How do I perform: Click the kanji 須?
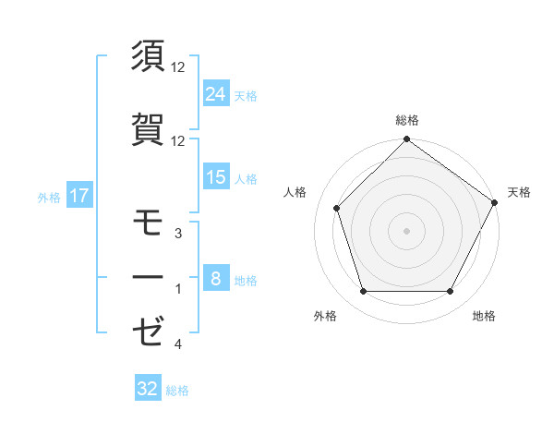pos(149,56)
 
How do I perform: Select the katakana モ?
pos(149,223)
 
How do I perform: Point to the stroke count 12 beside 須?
pos(178,67)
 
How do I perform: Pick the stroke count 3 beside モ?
pos(178,234)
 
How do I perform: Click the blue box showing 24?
pos(216,94)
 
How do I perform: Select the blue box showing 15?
pos(216,177)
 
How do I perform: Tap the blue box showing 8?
pos(216,279)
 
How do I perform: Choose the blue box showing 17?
pos(78,196)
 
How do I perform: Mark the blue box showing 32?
pos(148,389)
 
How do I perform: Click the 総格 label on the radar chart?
pos(406,120)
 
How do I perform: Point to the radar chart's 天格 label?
pos(519,192)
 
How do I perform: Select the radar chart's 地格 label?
pos(484,317)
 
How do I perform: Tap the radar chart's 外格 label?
pos(325,317)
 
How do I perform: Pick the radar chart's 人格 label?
pos(295,192)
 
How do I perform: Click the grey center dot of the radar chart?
pos(406,230)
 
